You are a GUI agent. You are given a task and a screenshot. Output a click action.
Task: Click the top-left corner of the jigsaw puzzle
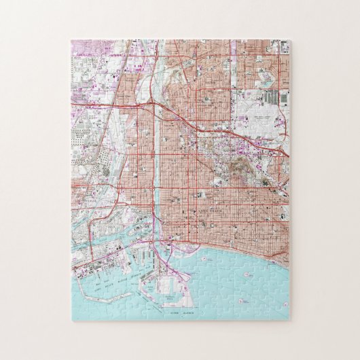tap(71, 40)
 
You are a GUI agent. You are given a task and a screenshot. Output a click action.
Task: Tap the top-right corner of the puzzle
tap(290, 40)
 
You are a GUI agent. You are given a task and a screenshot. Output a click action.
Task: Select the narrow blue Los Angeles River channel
tap(155, 170)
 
